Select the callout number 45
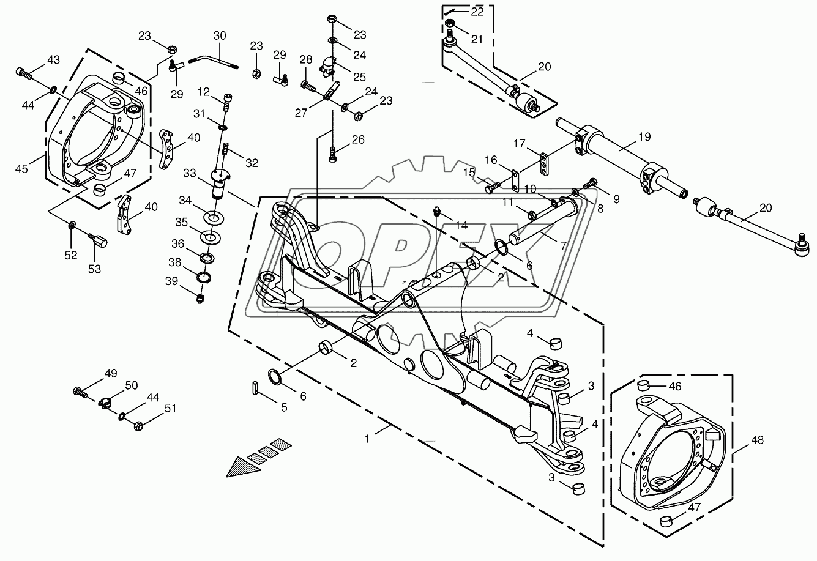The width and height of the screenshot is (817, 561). (22, 168)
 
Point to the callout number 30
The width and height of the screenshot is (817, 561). (220, 35)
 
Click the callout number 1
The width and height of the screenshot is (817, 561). (367, 439)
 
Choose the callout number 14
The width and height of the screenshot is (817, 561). (461, 225)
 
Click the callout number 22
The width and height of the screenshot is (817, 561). (477, 12)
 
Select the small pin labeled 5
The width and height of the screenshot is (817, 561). (256, 388)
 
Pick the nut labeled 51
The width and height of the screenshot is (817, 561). (138, 424)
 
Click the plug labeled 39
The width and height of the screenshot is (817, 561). (201, 298)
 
